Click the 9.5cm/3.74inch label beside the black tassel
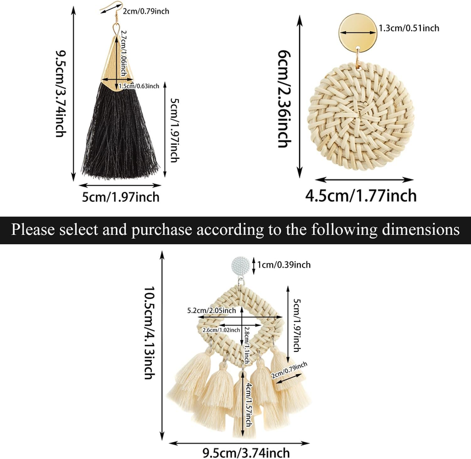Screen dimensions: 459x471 click(x=59, y=94)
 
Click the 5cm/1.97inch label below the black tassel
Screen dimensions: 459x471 click(x=120, y=195)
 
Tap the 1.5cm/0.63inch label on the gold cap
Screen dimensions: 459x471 click(x=139, y=86)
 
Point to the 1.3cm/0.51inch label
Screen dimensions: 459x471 click(x=409, y=28)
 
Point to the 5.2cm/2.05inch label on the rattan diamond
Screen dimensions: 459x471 click(x=211, y=311)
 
